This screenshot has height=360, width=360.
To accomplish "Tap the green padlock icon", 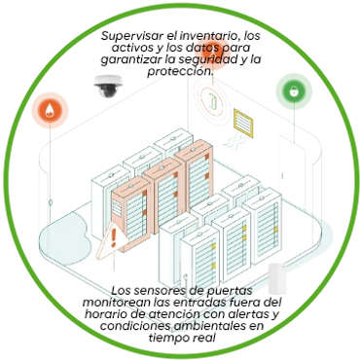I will [289, 90].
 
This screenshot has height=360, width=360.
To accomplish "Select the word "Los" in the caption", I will [121, 291].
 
